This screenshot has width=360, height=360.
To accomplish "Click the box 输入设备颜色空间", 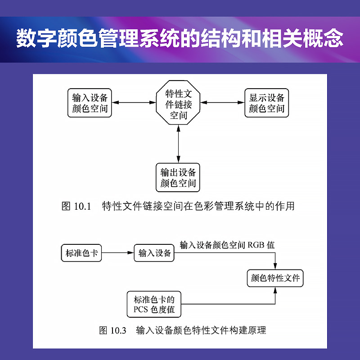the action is pyautogui.click(x=90, y=103).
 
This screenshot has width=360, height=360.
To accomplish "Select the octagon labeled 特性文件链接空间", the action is pyautogui.click(x=178, y=103).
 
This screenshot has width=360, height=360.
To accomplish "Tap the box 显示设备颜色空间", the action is pyautogui.click(x=266, y=103).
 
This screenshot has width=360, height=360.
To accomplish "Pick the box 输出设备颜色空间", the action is pyautogui.click(x=178, y=177).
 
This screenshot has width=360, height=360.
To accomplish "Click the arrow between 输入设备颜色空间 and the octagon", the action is pyautogui.click(x=134, y=103).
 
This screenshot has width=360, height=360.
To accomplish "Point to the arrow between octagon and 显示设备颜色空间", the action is pyautogui.click(x=222, y=103).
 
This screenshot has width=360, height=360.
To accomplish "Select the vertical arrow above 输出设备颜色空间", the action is pyautogui.click(x=178, y=144).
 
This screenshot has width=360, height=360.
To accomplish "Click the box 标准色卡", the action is pyautogui.click(x=81, y=253).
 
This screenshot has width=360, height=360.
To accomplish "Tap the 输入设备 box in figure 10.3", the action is pyautogui.click(x=154, y=253).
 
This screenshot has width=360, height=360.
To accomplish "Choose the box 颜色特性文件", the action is pyautogui.click(x=275, y=278).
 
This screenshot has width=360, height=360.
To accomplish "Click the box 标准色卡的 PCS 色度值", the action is pyautogui.click(x=154, y=304).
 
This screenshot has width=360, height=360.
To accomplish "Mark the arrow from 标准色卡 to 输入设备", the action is pyautogui.click(x=118, y=253).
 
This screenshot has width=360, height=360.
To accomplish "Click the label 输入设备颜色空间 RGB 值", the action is pyautogui.click(x=227, y=245).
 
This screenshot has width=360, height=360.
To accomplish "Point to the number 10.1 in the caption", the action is pyautogui.click(x=82, y=206).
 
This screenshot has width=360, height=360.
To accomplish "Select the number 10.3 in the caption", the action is pyautogui.click(x=118, y=331).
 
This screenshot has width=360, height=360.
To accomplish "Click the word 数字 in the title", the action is pyautogui.click(x=36, y=38).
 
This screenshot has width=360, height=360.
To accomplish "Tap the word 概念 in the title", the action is pyautogui.click(x=323, y=38).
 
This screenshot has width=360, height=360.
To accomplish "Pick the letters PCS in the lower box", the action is pyautogui.click(x=140, y=310).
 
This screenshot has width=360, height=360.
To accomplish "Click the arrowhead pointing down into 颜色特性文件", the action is pyautogui.click(x=275, y=266).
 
